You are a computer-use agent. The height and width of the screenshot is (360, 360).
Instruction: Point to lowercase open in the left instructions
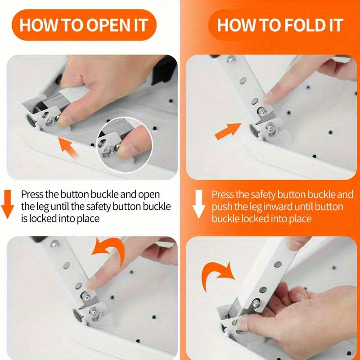(x=148, y=195)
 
